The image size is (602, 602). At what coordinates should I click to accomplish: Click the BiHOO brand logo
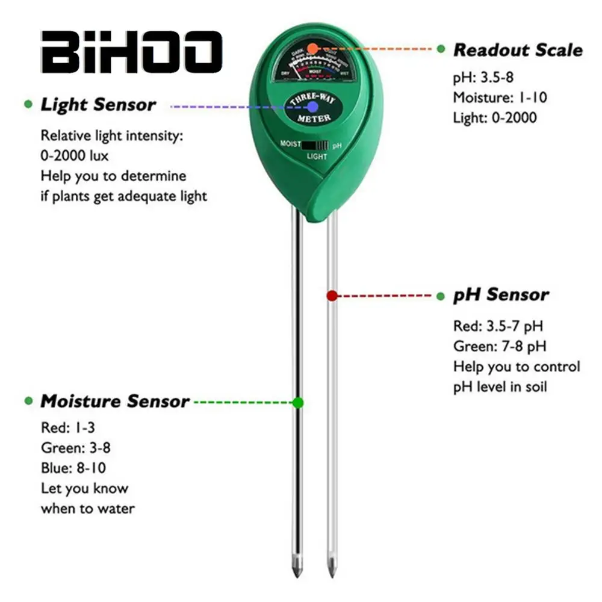[132, 52]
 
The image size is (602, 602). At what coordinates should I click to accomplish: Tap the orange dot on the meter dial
[311, 48]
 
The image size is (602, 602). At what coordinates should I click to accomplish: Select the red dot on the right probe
[332, 296]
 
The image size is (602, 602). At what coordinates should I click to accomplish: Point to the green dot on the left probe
[297, 402]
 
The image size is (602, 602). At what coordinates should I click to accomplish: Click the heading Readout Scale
[518, 50]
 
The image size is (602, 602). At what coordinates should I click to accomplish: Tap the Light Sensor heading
[98, 105]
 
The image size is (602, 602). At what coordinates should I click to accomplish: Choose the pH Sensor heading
[501, 295]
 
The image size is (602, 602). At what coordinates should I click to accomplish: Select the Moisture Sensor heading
[114, 402]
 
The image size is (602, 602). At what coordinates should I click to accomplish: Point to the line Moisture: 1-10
[500, 97]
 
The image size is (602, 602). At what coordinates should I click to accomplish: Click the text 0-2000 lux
[75, 157]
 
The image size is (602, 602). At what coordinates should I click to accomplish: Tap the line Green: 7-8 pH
[500, 346]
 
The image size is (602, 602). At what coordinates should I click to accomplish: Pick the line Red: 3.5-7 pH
[498, 326]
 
